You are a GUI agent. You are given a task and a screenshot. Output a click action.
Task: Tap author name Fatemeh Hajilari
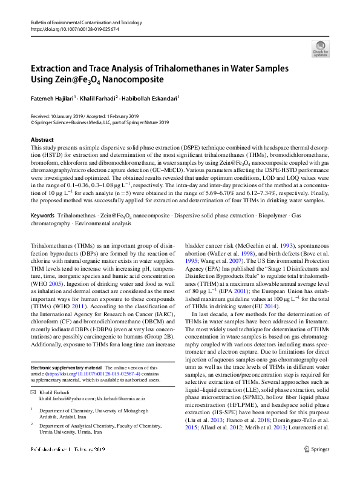click(x=53, y=97)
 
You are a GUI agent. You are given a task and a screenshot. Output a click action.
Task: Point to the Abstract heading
click(x=42, y=140)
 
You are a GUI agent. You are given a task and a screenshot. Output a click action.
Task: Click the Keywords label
click(x=42, y=216)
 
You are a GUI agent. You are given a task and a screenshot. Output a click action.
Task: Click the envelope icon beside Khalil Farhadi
click(x=33, y=393)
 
